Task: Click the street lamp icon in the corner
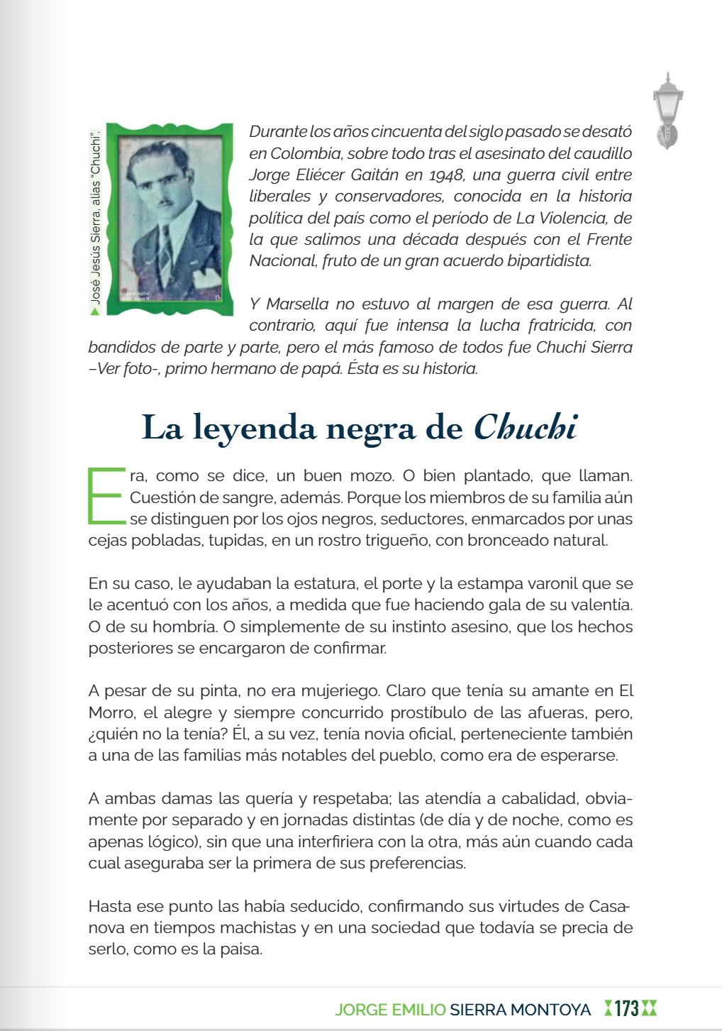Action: pyautogui.click(x=667, y=111)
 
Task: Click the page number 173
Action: pyautogui.click(x=626, y=1008)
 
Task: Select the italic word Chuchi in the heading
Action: pyautogui.click(x=525, y=427)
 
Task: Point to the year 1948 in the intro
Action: pyautogui.click(x=448, y=175)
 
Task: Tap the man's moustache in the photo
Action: pyautogui.click(x=164, y=202)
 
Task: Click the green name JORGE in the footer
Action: pyautogui.click(x=360, y=1009)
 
